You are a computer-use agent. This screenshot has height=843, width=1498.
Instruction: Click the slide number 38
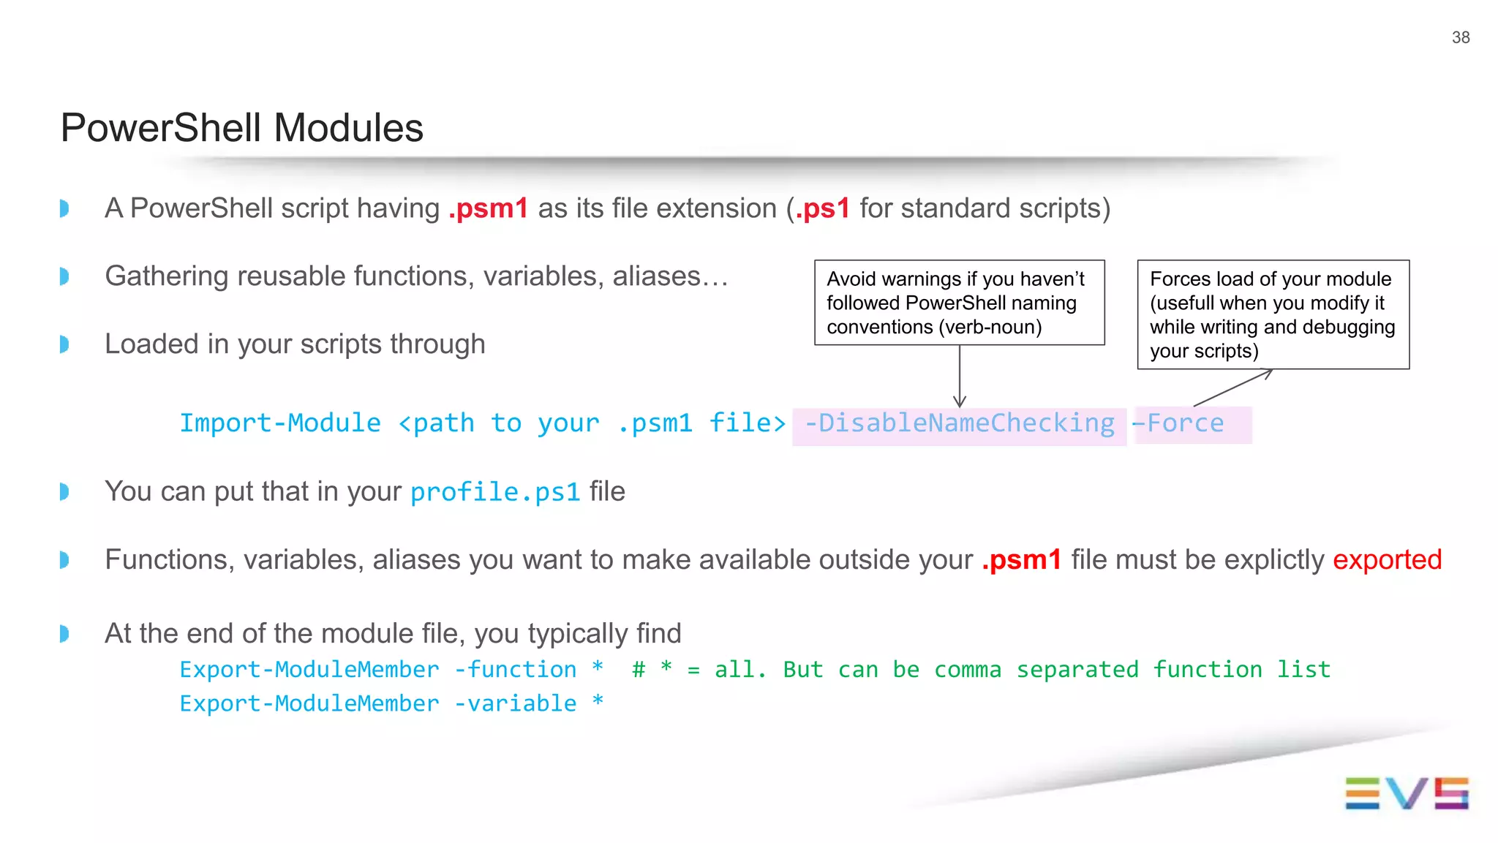click(x=1460, y=37)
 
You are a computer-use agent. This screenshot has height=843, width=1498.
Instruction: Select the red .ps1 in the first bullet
click(x=823, y=208)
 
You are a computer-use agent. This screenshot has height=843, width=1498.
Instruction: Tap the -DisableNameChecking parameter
click(x=959, y=423)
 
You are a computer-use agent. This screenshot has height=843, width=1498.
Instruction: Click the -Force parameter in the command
click(x=1178, y=423)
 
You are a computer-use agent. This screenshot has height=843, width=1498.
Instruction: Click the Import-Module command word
click(x=280, y=423)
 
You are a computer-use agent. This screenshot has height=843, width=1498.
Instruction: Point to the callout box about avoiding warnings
click(x=959, y=302)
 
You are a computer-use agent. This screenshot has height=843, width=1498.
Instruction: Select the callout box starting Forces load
click(x=1273, y=314)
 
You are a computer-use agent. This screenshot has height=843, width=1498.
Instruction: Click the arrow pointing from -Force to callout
click(x=1233, y=388)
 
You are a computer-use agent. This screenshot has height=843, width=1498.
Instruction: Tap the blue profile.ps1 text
click(x=495, y=492)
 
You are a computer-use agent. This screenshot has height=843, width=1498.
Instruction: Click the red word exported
click(x=1387, y=560)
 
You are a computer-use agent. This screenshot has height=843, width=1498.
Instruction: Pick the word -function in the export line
click(x=515, y=670)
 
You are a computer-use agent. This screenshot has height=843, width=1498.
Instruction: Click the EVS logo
click(x=1406, y=793)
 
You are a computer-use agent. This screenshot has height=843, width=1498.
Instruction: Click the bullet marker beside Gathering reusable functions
click(x=64, y=276)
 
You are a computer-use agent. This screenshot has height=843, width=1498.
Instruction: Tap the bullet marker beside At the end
click(x=64, y=633)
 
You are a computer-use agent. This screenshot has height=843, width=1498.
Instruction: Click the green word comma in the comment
click(x=967, y=670)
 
